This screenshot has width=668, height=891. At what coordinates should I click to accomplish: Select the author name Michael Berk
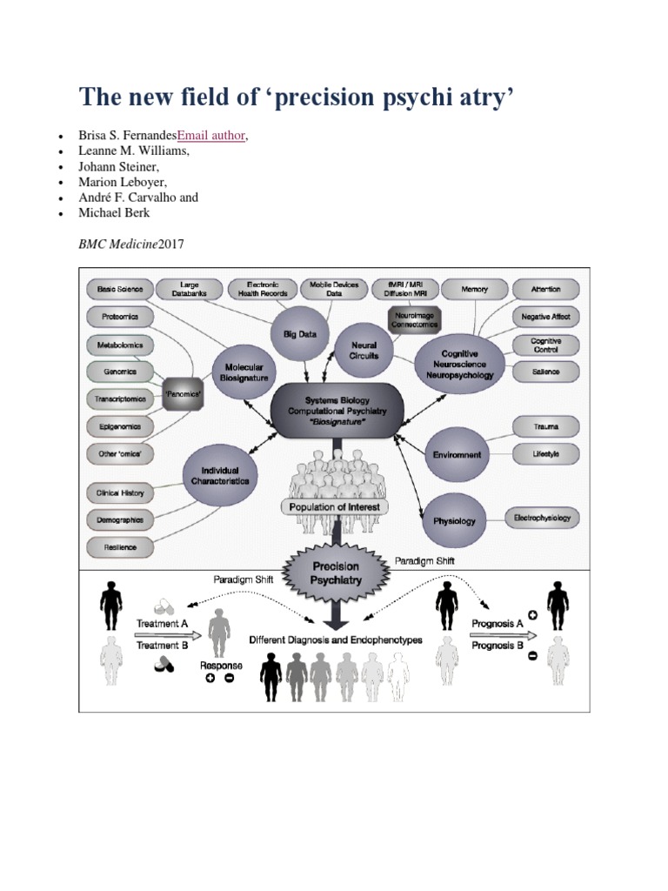pyautogui.click(x=114, y=213)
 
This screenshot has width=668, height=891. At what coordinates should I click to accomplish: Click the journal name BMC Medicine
pyautogui.click(x=118, y=245)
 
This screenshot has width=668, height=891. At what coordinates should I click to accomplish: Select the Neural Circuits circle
pyautogui.click(x=364, y=350)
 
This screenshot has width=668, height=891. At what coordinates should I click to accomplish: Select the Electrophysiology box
pyautogui.click(x=544, y=519)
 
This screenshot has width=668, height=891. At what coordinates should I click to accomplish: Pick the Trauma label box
pyautogui.click(x=546, y=427)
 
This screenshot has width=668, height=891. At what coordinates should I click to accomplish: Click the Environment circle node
pyautogui.click(x=457, y=454)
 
